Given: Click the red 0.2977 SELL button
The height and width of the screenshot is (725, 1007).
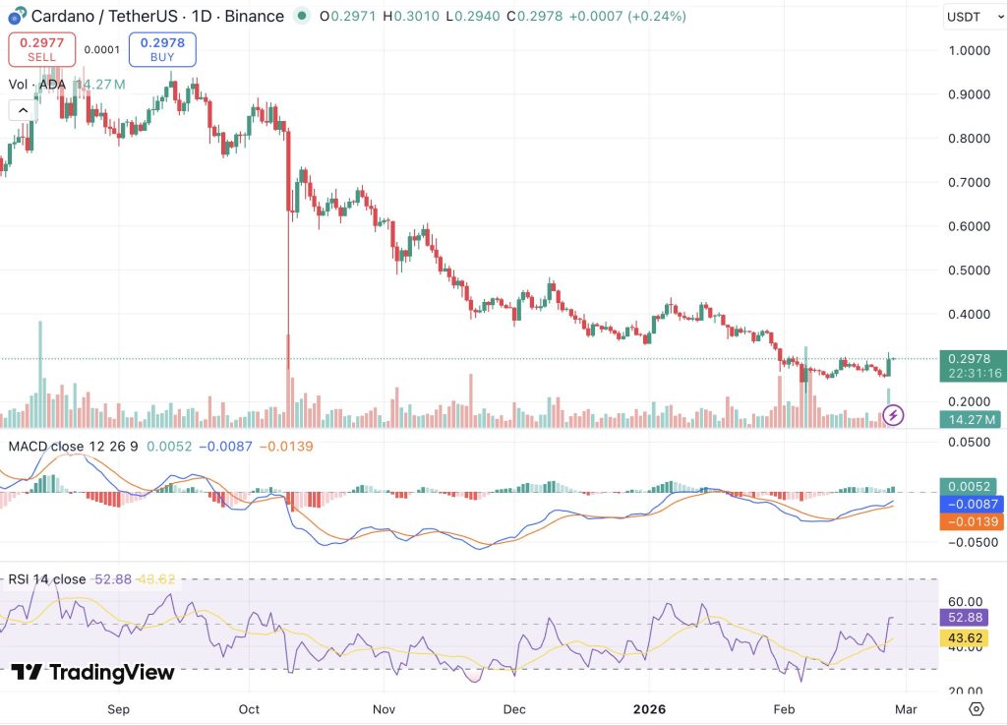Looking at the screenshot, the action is coord(41,49).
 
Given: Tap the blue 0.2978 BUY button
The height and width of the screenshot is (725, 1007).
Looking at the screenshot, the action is coord(162,49).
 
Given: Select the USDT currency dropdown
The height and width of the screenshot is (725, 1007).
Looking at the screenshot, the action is coord(974,17).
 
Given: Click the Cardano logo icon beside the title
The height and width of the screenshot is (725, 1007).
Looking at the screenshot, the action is coord(18,16).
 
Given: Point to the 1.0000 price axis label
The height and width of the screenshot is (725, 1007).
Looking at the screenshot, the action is coord(969,51).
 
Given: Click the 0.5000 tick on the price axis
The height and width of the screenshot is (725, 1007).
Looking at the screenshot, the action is coord(969,271).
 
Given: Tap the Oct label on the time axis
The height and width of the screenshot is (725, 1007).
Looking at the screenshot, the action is coord(249,709).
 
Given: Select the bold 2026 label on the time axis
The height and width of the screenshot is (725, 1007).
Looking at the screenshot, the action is coord(649,709).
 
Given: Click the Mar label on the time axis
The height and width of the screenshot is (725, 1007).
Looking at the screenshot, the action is coord(906,709).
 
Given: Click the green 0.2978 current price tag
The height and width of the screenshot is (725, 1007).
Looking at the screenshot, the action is coord(973,366).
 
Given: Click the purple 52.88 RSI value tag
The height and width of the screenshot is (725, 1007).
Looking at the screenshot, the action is coord(966,617).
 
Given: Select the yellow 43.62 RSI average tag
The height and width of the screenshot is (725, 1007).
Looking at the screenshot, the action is coord(966,637).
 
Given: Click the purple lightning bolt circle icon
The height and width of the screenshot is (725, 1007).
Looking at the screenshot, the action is coord(893,415).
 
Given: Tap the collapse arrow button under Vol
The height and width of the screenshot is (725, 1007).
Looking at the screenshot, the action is coord(24,110).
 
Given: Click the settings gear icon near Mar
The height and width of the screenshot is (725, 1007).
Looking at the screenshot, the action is coord(977,709).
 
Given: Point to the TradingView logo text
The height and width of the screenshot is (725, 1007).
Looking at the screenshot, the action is coord(93,672).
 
